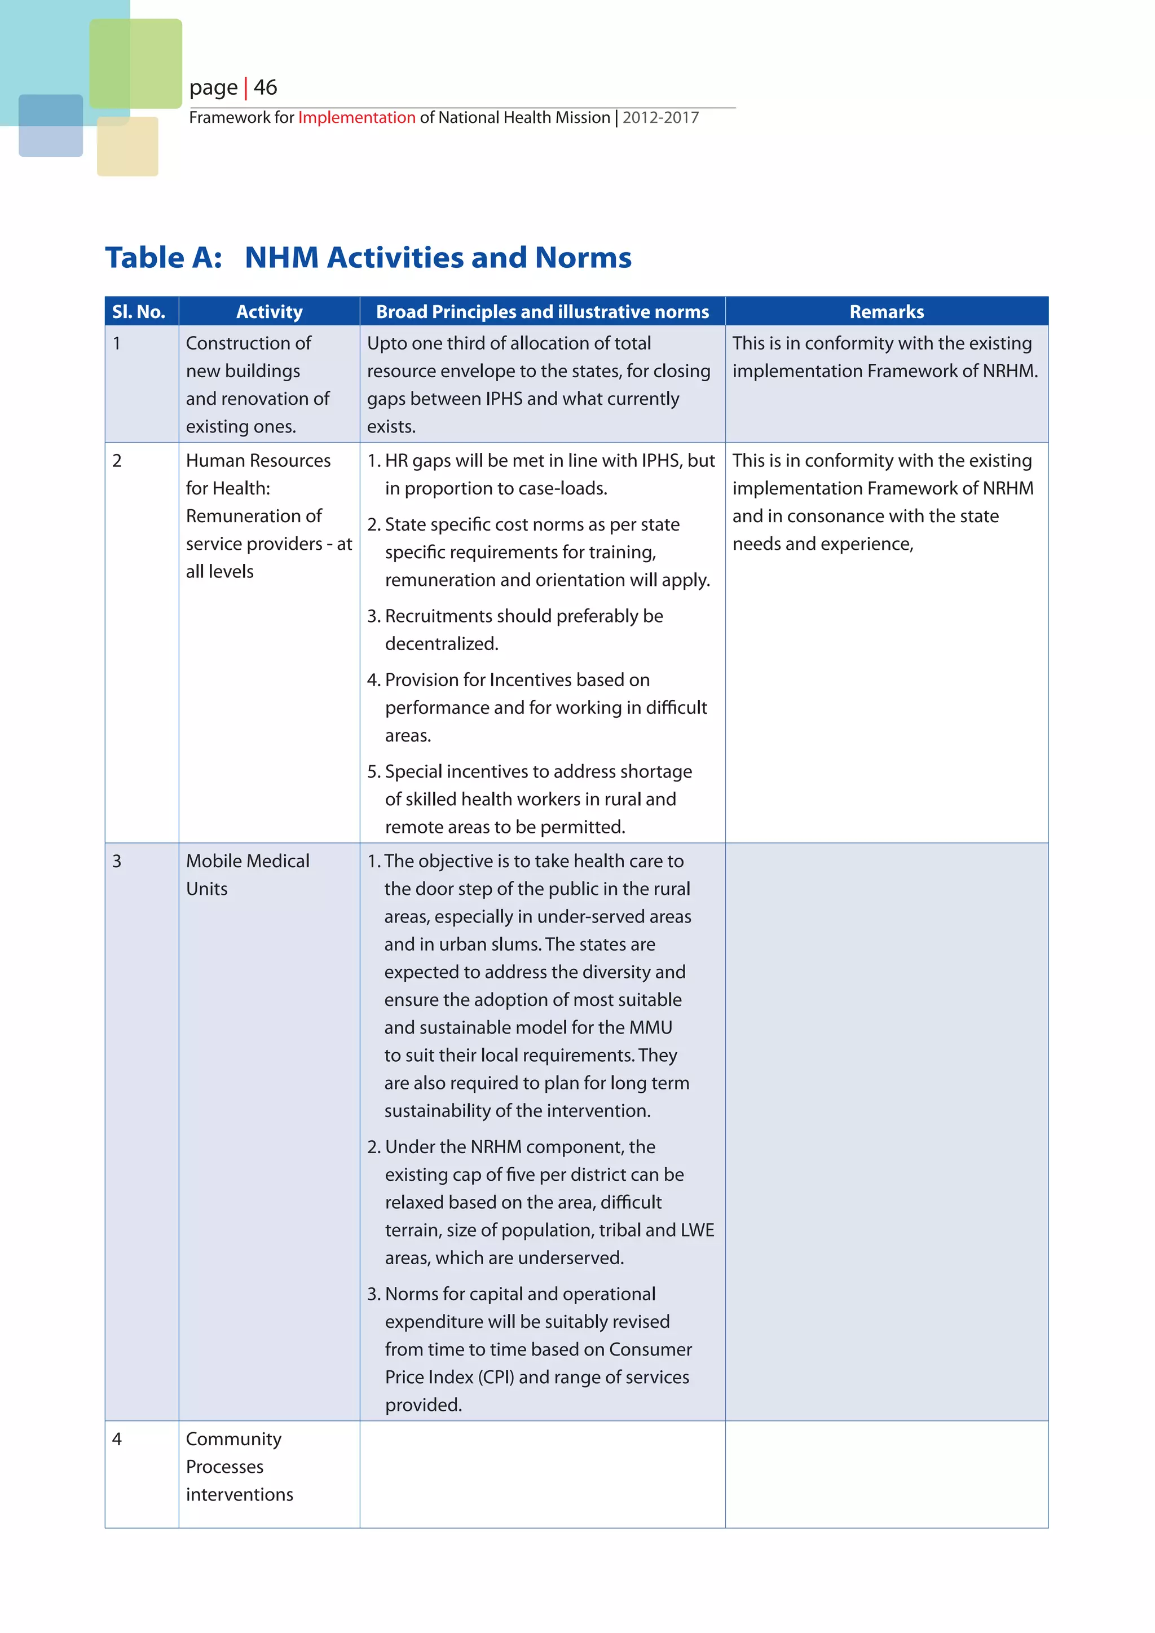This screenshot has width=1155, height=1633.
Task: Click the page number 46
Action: [265, 87]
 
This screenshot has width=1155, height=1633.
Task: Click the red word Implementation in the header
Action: [356, 117]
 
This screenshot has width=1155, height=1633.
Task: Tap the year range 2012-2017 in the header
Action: [661, 117]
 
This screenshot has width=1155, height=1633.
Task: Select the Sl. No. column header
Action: [139, 311]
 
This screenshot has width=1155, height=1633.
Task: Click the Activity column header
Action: [269, 311]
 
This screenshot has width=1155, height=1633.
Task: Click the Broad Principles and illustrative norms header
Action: [542, 311]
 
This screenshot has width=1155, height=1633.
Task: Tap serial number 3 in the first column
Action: [117, 861]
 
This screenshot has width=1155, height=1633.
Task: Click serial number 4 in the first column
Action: [117, 1439]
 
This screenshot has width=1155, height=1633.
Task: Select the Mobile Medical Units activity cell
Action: [247, 875]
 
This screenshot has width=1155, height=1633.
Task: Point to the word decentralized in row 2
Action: [441, 643]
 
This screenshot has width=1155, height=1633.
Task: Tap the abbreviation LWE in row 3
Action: [697, 1230]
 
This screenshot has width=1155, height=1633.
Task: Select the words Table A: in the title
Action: [164, 258]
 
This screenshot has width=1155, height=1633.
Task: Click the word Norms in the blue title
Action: [583, 258]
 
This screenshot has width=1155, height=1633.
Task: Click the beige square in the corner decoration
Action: [128, 147]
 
